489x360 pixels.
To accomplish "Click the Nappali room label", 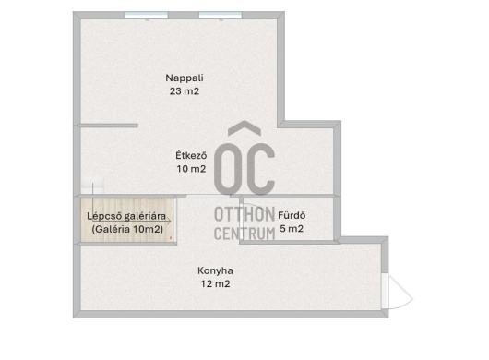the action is tap(185, 78).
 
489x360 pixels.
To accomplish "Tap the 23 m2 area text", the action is tap(185, 91).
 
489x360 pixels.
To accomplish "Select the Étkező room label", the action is tap(191, 155).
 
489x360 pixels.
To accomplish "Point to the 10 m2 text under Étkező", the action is tap(191, 169).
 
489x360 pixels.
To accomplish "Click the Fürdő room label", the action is tap(292, 215).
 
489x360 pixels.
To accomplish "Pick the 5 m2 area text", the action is tap(292, 229).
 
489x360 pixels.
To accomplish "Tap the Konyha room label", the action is tap(215, 270).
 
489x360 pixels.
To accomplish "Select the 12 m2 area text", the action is tap(215, 284).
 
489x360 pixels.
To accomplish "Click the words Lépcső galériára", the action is tap(126, 216).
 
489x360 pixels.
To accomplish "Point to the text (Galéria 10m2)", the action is tap(127, 229).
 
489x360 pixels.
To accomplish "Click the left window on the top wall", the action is tap(147, 15).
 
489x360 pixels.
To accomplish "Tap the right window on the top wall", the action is tap(221, 15).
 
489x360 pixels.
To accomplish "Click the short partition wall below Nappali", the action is tap(108, 126).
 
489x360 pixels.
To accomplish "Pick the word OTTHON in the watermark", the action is tap(244, 215).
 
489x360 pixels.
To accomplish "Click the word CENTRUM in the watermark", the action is tap(244, 234).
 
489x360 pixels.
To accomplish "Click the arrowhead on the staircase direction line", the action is tap(170, 222).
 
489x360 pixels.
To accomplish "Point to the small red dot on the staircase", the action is tap(171, 238).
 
